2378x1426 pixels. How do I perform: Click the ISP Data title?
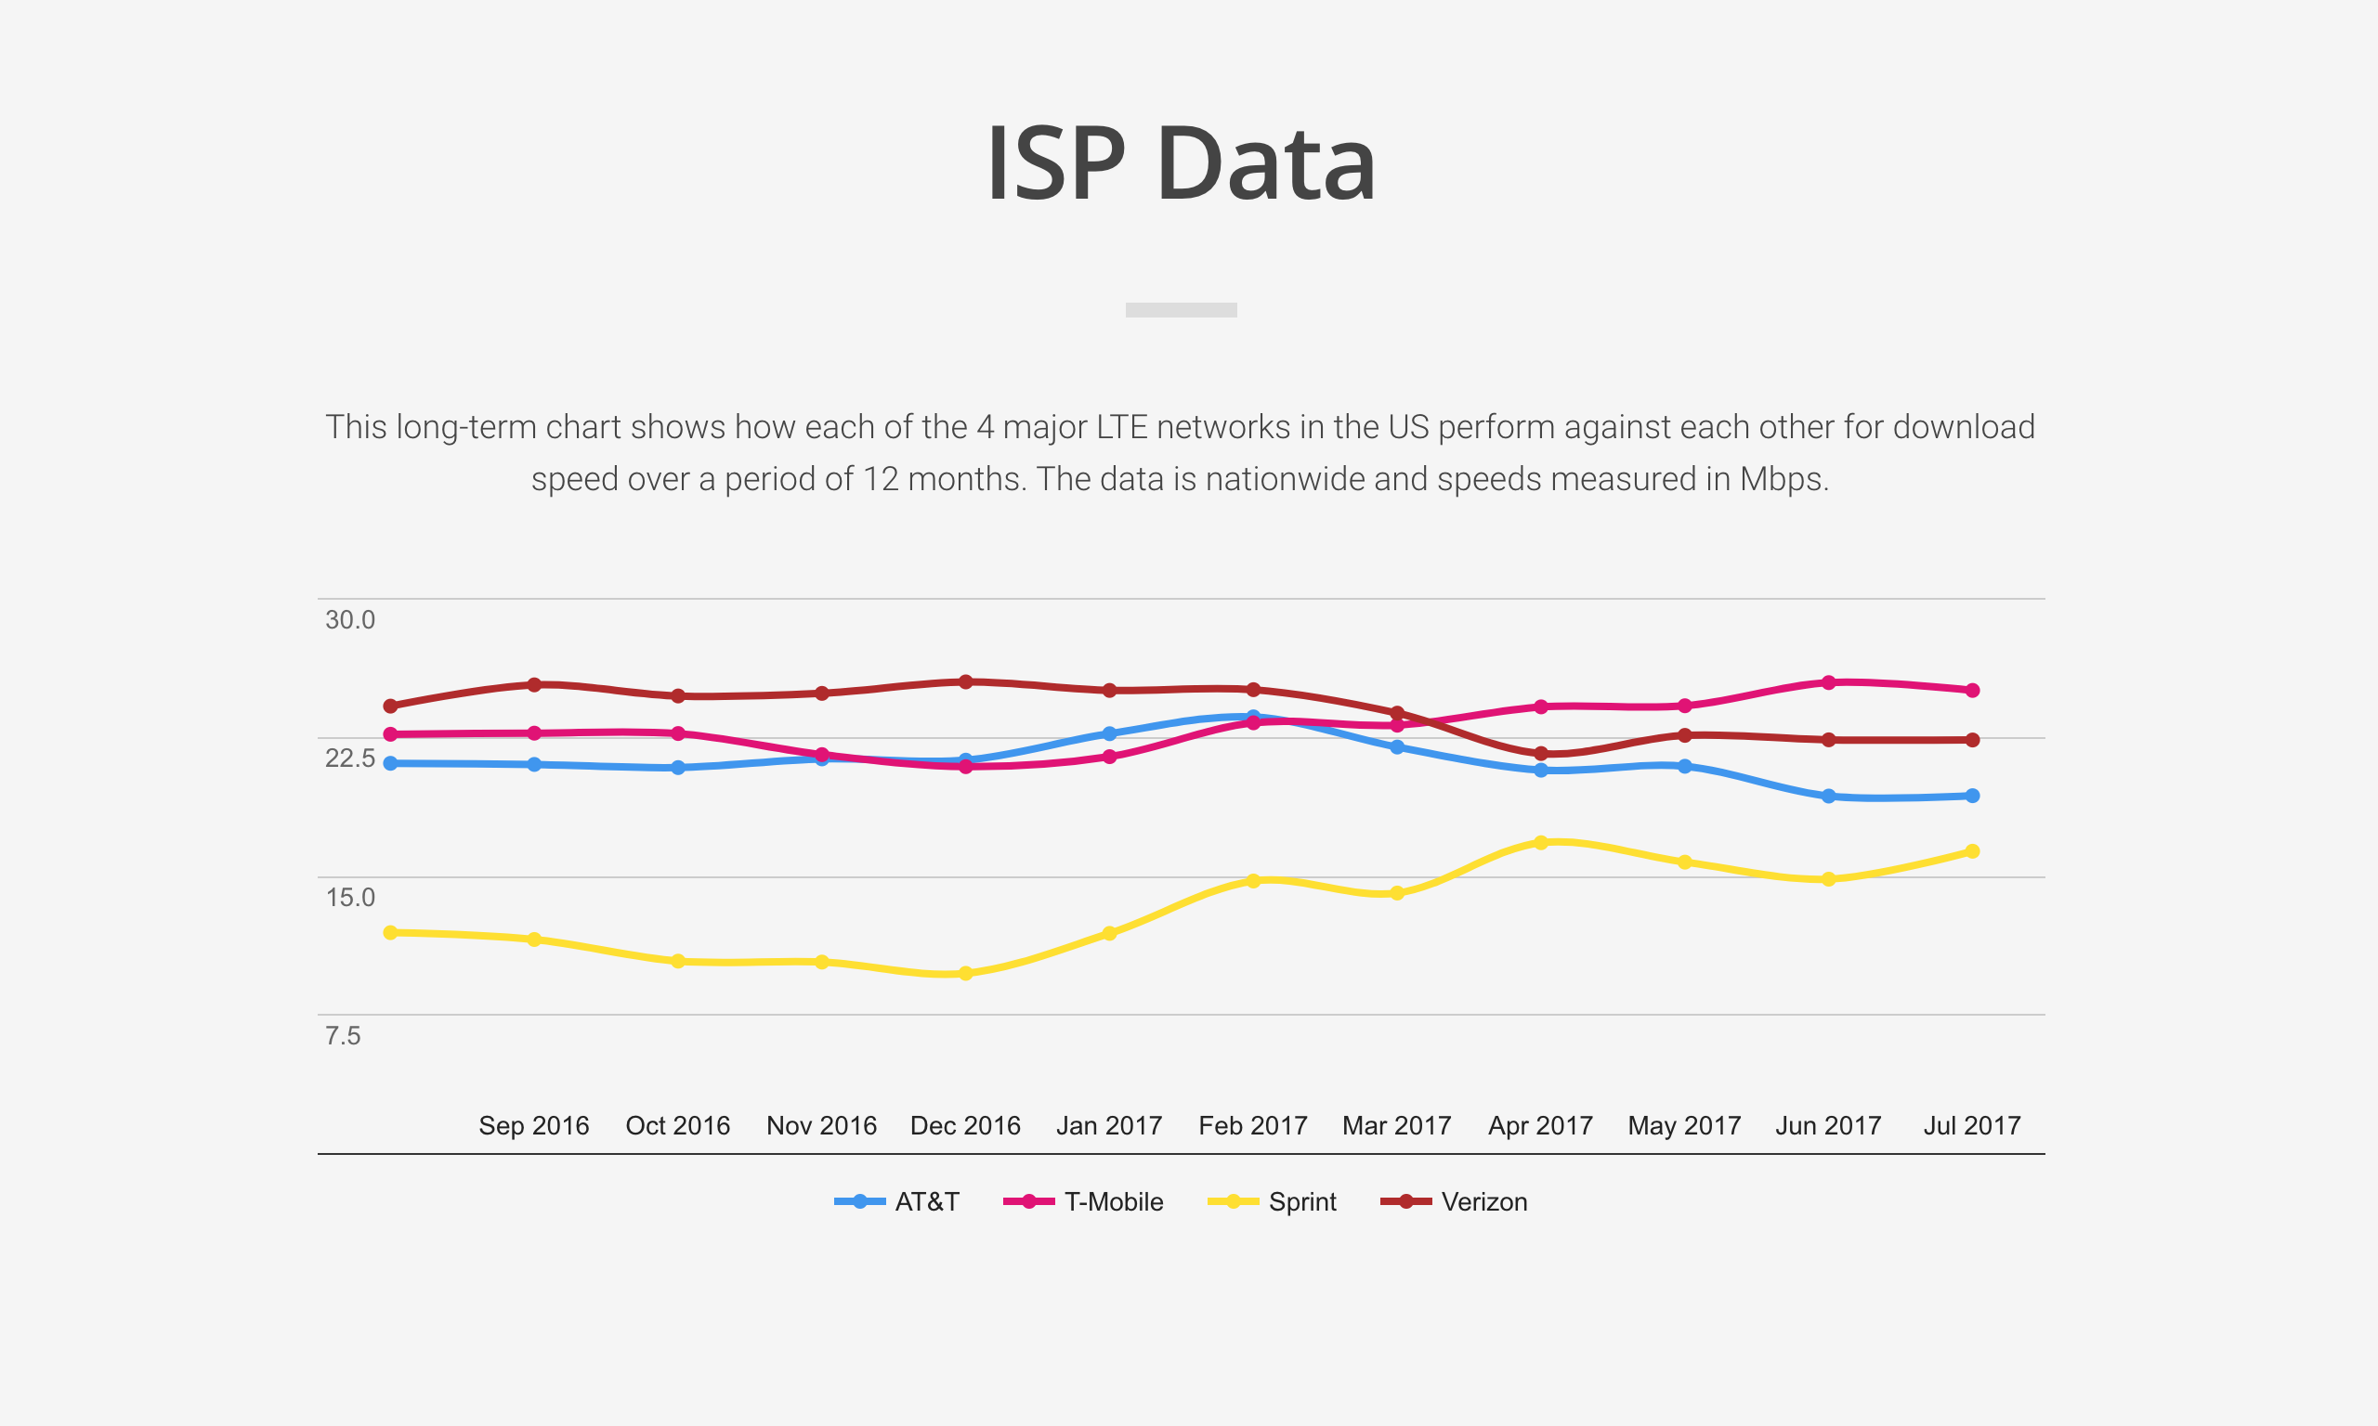pos(1182,163)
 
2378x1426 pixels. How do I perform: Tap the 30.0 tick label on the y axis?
pos(350,620)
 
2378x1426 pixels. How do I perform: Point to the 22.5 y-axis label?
pos(350,758)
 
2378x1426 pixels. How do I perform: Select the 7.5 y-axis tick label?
pos(343,1036)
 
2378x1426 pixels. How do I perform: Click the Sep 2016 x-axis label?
pos(534,1125)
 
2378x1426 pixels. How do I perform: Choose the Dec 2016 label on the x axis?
pos(965,1125)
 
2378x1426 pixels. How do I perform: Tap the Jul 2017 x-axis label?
pos(1971,1125)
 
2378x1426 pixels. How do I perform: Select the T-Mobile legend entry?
pos(1084,1201)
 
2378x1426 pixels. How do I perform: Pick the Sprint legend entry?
pos(1273,1201)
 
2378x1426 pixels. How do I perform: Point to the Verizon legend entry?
pos(1455,1201)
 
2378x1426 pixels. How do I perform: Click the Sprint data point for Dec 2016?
pos(966,973)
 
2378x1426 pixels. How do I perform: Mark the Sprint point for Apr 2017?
pos(1541,843)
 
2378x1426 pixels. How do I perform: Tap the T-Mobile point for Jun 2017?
pos(1828,682)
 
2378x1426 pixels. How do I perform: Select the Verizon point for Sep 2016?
pos(534,684)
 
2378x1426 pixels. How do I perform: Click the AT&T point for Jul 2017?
pos(1972,796)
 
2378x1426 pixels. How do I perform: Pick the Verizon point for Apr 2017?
pos(1541,753)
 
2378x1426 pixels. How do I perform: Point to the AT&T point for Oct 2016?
pos(678,768)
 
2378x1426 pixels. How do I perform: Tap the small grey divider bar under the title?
pos(1182,309)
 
